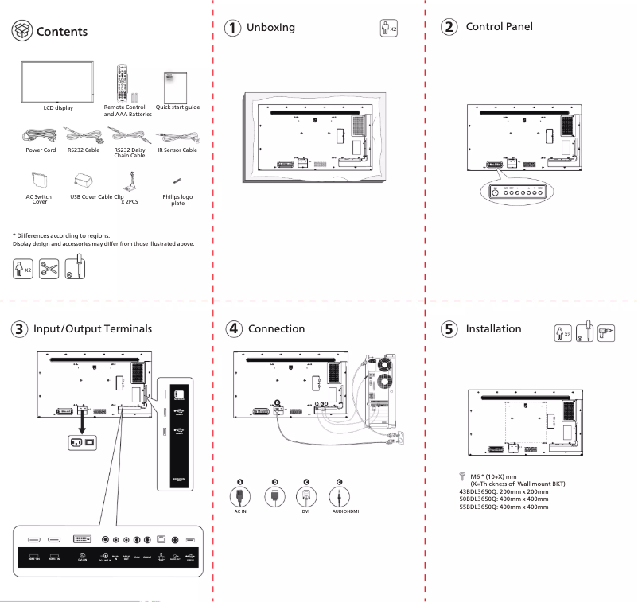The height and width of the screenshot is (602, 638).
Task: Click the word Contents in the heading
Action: coord(62,32)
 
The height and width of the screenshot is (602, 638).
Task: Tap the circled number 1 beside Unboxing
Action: coord(231,28)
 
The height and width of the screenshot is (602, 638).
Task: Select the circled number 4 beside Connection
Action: coord(233,328)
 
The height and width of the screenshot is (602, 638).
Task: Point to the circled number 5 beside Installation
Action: coord(449,328)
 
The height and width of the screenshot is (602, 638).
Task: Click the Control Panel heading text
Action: coord(499,27)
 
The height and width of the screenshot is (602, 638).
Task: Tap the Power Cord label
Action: coord(41,150)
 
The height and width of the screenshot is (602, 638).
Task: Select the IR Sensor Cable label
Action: coord(177,150)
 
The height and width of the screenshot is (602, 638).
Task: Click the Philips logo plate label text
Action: coord(177,200)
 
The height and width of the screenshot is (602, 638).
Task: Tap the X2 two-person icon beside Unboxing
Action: coord(387,29)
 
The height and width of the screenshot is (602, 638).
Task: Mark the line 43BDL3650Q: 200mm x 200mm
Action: coord(499,491)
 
